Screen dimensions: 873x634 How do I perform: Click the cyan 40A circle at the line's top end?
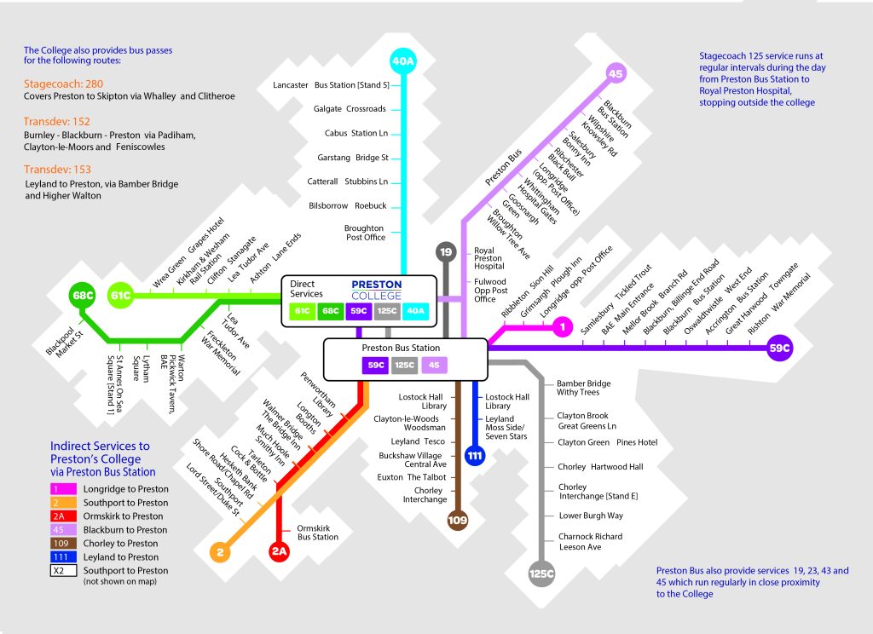(x=403, y=61)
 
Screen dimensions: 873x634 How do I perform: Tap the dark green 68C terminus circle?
(x=83, y=295)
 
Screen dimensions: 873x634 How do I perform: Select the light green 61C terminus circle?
(x=120, y=295)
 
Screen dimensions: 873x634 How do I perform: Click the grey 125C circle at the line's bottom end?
(x=541, y=573)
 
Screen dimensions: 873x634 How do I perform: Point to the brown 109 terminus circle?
(x=458, y=520)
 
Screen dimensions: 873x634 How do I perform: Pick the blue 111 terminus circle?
(x=474, y=455)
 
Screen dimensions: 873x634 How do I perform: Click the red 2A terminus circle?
(x=279, y=551)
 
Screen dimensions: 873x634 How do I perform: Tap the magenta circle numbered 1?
(x=563, y=326)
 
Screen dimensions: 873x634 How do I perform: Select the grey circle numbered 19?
(x=446, y=251)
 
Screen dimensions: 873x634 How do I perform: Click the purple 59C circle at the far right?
(x=779, y=348)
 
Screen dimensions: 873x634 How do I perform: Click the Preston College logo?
(x=376, y=290)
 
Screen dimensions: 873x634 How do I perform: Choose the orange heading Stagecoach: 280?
(x=63, y=84)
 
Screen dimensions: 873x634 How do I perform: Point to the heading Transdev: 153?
(x=57, y=170)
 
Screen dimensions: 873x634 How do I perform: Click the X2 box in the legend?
(x=63, y=571)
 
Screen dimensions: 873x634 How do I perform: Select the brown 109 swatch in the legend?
(x=63, y=544)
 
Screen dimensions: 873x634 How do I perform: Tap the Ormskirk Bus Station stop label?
(x=317, y=533)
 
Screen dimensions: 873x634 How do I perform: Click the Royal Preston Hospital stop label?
(x=489, y=258)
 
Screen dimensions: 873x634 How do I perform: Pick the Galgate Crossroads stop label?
(x=350, y=109)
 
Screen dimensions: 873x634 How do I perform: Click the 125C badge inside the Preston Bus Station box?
(x=404, y=366)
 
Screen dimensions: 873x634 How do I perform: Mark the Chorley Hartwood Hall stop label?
(x=600, y=467)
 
